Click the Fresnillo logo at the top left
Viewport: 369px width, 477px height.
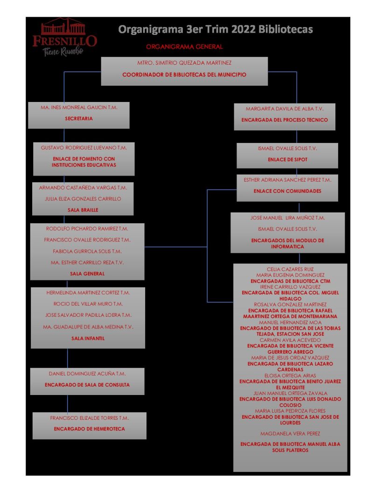tap(64, 37)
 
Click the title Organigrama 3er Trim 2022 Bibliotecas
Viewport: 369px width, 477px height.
tap(216, 30)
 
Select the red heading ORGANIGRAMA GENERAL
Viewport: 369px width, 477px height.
tap(184, 47)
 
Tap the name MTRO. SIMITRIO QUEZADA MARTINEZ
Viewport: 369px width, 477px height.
tap(184, 62)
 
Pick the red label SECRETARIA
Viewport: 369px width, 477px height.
tap(79, 118)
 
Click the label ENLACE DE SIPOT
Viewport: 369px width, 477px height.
tap(287, 159)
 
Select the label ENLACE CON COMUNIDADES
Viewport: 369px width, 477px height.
tap(287, 191)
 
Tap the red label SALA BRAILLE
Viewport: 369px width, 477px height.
tap(83, 210)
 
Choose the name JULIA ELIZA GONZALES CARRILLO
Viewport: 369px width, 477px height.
tap(83, 199)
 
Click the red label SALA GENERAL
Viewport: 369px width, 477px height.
tap(87, 274)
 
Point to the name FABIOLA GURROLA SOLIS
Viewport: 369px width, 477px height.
tap(87, 252)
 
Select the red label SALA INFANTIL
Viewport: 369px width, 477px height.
tap(88, 339)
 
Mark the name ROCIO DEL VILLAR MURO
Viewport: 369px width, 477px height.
tap(88, 304)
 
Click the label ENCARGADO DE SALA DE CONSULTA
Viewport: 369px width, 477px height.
tap(87, 385)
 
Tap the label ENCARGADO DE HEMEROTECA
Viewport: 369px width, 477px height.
tap(90, 429)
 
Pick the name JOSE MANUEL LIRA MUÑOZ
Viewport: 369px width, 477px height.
tap(287, 218)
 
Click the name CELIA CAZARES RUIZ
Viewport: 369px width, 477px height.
tap(290, 269)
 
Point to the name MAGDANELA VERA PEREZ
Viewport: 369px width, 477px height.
tap(290, 434)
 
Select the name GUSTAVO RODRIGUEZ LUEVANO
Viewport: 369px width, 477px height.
tap(84, 147)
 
